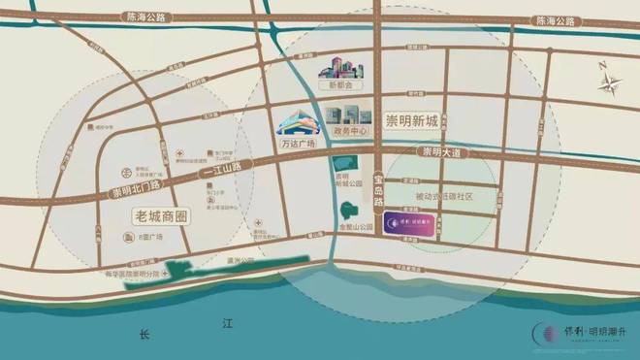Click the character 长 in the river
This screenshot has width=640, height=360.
click(144, 335)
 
